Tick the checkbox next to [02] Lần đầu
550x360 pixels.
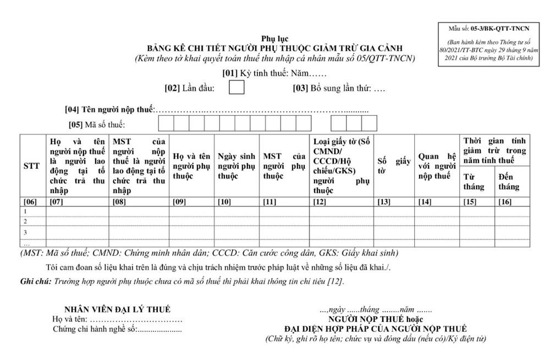pos(237,87)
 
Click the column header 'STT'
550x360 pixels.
pos(31,166)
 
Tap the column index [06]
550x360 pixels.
pos(31,201)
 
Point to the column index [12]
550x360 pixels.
pos(319,201)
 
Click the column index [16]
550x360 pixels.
pos(505,201)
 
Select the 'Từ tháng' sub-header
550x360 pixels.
pos(474,182)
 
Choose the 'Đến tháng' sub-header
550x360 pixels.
pos(508,182)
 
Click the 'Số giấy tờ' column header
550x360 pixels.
pos(394,166)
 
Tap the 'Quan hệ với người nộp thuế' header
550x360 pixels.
pos(437,166)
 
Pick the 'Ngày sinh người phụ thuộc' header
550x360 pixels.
pos(236,166)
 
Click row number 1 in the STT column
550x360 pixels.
pos(25,211)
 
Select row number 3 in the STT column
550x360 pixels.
pos(25,232)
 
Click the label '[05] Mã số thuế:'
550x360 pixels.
pos(96,124)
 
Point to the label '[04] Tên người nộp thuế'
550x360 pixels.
pos(110,109)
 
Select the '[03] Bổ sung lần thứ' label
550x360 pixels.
pos(332,88)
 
